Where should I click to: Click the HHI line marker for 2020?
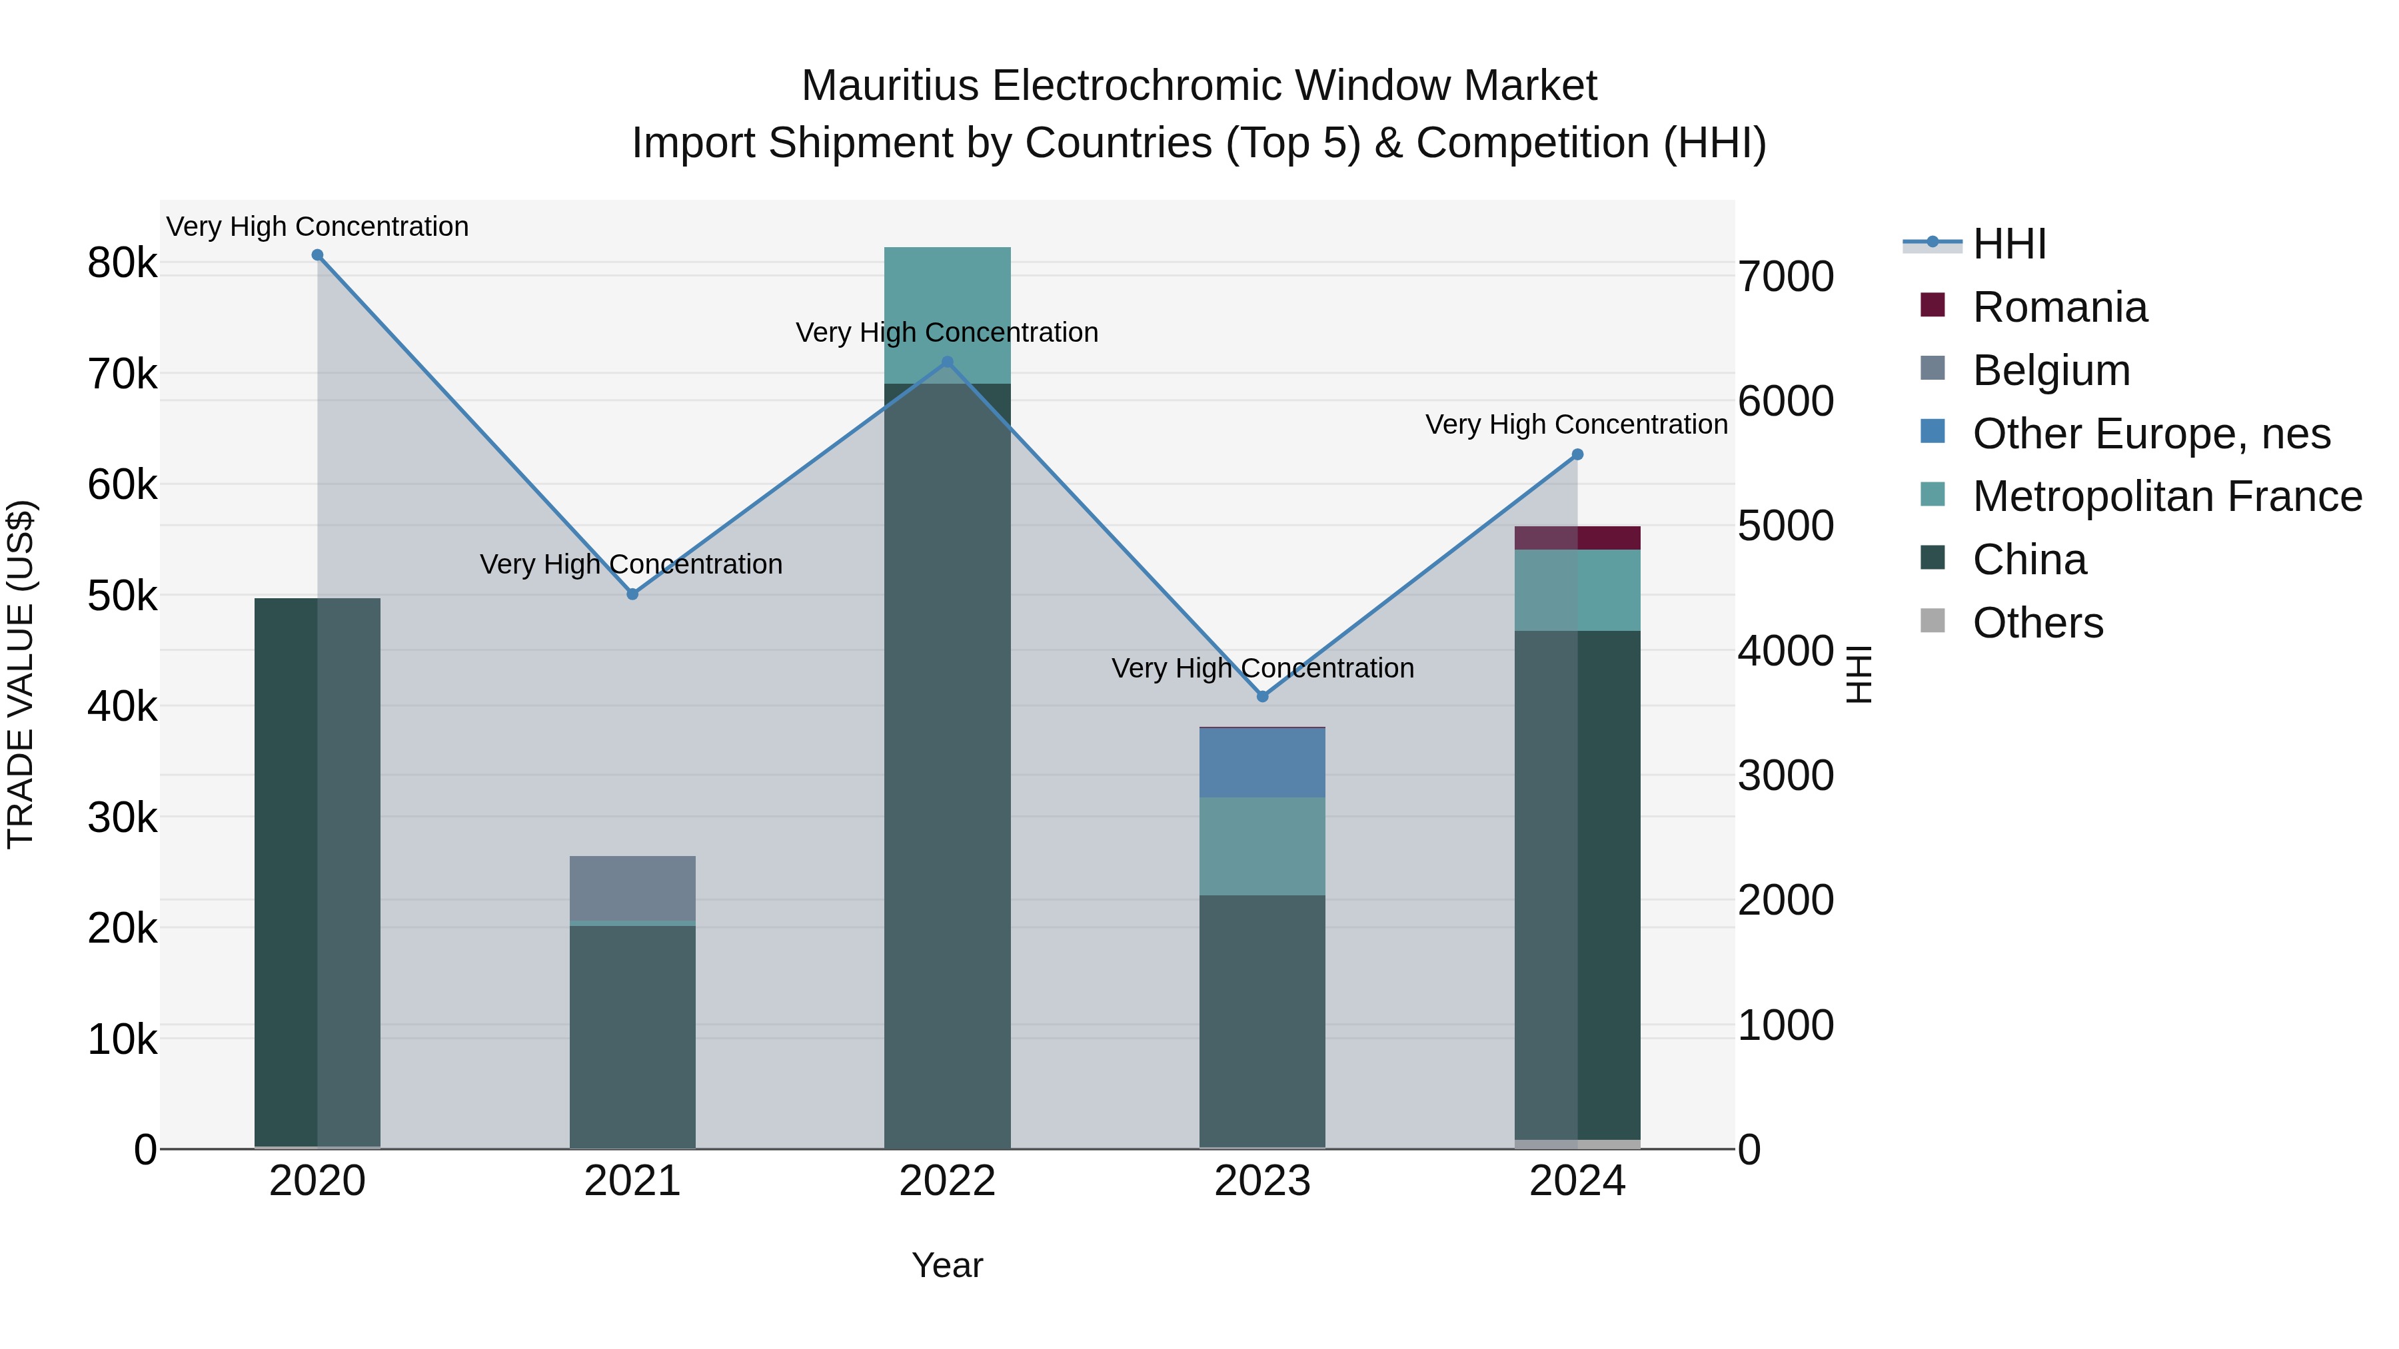coord(318,255)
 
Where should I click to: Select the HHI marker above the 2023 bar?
coord(1263,696)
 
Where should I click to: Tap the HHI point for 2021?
coord(632,594)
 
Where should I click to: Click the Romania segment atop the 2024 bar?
coord(1577,538)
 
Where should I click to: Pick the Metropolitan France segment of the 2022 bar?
coord(947,314)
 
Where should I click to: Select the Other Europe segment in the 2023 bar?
coord(1262,763)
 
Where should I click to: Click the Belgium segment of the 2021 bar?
coord(632,887)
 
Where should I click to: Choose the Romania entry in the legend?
coord(2059,307)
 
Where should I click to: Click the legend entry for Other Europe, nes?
coord(2150,434)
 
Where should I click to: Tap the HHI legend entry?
coord(2008,244)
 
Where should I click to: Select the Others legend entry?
coord(2036,623)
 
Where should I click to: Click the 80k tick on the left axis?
coord(122,263)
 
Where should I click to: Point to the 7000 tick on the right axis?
coord(1785,276)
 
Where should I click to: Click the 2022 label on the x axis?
coord(947,1181)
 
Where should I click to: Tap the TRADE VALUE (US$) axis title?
coord(21,674)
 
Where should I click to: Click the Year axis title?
coord(947,1265)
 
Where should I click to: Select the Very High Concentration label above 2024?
coord(1576,424)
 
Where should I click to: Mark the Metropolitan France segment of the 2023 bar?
coord(1262,845)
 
